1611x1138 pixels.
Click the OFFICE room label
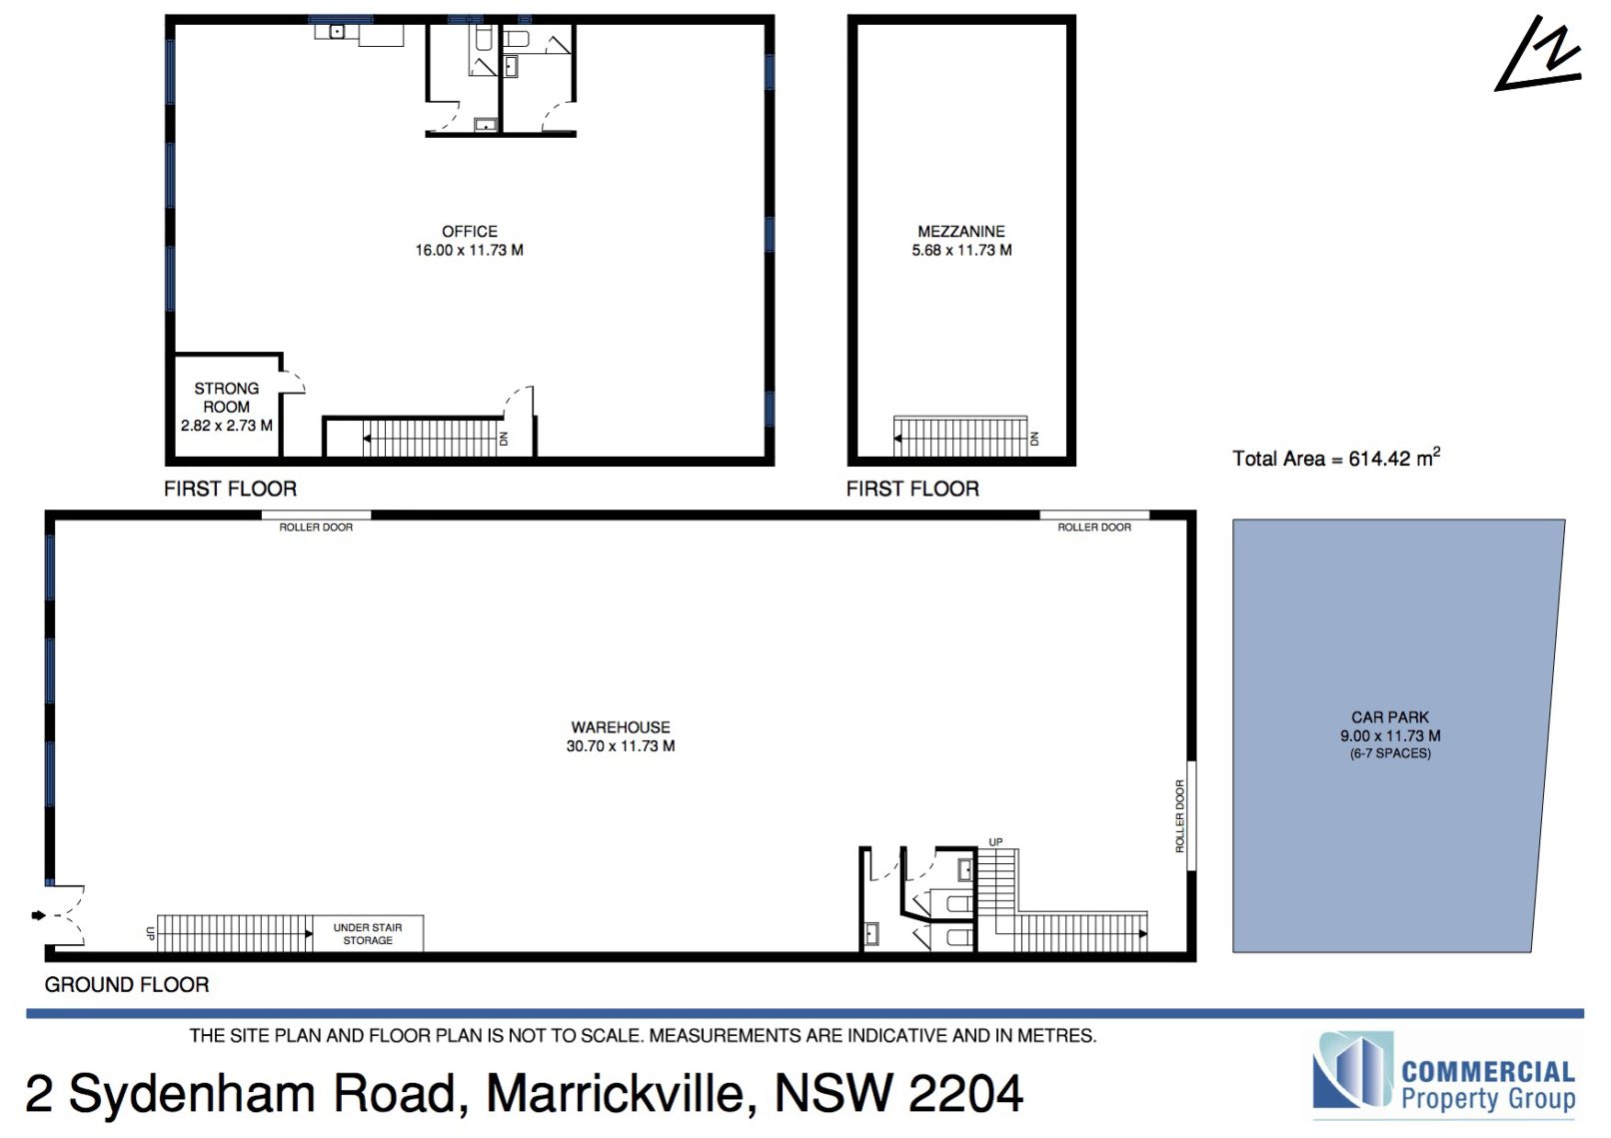tap(469, 232)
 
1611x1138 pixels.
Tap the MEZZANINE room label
tap(960, 232)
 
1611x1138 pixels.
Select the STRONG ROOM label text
tap(226, 398)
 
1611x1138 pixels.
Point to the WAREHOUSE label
tap(620, 727)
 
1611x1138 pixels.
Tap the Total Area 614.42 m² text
tap(1336, 458)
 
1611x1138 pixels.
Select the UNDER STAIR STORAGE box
tap(368, 934)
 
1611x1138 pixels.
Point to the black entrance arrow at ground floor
tap(38, 915)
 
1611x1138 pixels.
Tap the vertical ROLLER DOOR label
tap(1179, 816)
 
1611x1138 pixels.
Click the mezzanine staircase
tap(960, 437)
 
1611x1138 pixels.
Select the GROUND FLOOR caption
tap(127, 984)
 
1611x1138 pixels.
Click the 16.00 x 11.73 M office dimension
tap(469, 250)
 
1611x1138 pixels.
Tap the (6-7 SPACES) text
tap(1390, 753)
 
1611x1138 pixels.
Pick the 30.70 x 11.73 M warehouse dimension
tap(620, 746)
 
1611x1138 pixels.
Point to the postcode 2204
tap(965, 1093)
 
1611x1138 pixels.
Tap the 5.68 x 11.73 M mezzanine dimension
tap(961, 250)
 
